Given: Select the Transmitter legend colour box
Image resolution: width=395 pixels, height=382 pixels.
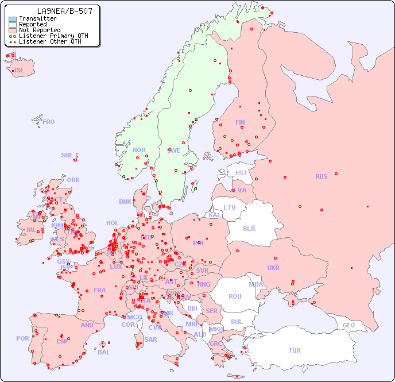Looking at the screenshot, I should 13,19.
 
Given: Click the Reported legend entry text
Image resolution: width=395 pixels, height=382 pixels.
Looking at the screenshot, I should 33,25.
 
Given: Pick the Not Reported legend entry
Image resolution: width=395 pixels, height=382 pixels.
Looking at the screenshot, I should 39,30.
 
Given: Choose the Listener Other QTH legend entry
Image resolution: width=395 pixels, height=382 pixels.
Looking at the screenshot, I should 50,42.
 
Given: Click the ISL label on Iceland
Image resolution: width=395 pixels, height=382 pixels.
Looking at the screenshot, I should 20,71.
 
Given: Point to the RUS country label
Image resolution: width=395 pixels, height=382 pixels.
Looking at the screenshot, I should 321,176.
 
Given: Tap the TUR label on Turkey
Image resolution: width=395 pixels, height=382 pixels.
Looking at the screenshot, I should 295,350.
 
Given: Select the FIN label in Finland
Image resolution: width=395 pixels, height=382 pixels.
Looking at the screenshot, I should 240,122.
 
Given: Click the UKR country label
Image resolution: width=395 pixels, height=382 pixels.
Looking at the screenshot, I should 273,268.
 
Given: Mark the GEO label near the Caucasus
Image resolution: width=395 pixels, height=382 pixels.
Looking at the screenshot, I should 348,325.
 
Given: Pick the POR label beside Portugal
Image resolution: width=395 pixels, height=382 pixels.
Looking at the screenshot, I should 22,338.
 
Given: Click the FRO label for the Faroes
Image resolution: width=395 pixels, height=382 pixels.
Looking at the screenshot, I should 49,122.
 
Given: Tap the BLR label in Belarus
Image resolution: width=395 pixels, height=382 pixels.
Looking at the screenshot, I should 249,228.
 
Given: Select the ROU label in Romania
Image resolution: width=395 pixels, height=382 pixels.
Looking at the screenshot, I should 235,296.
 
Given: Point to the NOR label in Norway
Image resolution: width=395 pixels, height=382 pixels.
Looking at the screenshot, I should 139,150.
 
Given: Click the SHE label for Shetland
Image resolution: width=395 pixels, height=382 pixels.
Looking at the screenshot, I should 67,155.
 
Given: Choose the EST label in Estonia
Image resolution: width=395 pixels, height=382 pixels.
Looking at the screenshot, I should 241,173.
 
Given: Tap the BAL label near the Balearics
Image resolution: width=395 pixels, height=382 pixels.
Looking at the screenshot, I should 104,352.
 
